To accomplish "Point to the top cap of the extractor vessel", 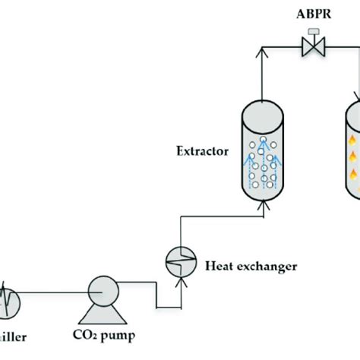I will [x=265, y=113].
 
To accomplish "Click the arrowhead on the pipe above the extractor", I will [x=265, y=52].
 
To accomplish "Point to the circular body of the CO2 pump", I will [x=101, y=289].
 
